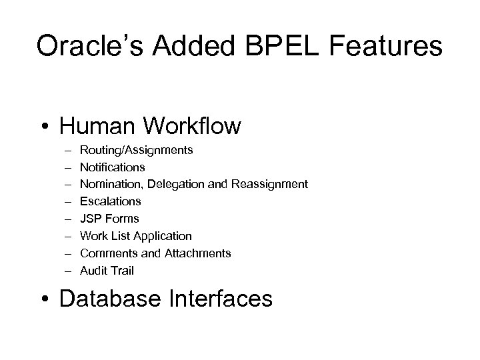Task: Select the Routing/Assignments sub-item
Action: click(137, 150)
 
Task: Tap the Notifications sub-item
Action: click(112, 167)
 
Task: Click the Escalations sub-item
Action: click(111, 201)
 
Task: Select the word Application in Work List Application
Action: click(163, 236)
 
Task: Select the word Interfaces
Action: click(223, 299)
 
